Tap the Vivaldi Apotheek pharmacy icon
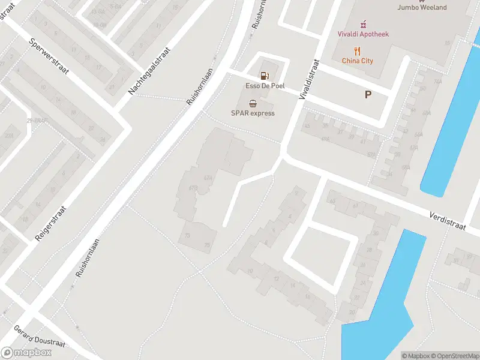coord(362,24)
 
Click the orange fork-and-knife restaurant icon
coord(358,50)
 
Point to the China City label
coord(358,61)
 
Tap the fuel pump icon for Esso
coord(264,76)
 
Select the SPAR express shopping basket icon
coord(253,103)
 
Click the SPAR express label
coord(253,113)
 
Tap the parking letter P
coord(368,94)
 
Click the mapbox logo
coord(26,353)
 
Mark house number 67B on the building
coord(193,188)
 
